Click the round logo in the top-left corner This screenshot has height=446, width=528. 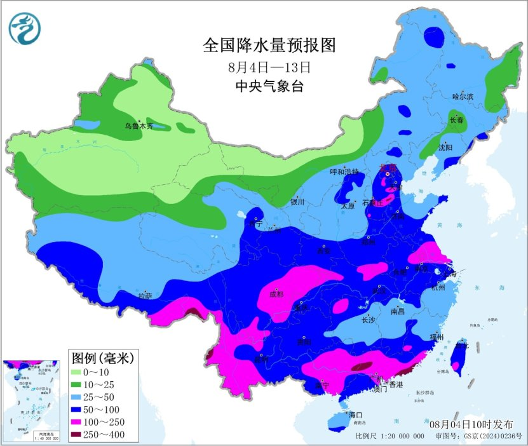pos(24,29)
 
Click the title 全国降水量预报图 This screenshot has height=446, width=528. pos(268,46)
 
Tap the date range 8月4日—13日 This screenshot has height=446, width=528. pos(269,67)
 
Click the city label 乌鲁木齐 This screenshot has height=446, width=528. pos(139,126)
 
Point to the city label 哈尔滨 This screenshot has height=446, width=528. pos(463,97)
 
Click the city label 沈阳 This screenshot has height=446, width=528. pos(445,147)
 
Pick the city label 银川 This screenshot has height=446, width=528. pos(298,202)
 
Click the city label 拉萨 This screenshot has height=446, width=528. pos(146,295)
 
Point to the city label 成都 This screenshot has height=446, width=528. pos(277,294)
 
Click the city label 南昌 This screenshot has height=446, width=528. pos(398,312)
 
